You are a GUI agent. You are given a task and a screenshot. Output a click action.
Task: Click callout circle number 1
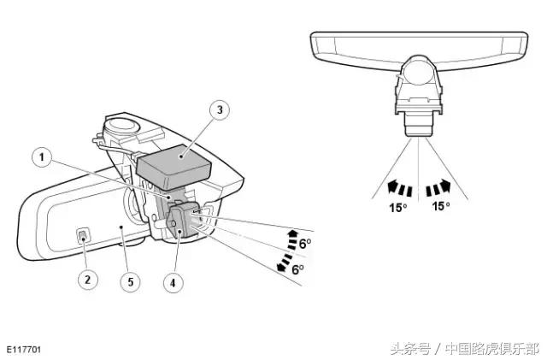(42, 157)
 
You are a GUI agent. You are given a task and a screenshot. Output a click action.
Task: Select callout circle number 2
(87, 280)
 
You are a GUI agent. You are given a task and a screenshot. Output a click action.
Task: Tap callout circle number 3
(220, 110)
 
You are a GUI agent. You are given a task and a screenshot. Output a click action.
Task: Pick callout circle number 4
(174, 282)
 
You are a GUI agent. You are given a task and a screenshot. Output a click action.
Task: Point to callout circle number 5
(131, 282)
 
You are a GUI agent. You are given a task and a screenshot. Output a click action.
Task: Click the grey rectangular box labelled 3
(174, 167)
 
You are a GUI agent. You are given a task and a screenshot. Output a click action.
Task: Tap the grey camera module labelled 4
(180, 221)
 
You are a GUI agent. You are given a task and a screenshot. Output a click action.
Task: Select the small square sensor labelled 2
(83, 236)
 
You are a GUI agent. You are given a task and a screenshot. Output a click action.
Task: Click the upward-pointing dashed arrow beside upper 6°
(292, 239)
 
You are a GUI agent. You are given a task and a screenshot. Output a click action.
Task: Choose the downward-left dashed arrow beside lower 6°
(285, 263)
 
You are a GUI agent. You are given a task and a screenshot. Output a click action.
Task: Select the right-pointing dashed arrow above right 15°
(438, 187)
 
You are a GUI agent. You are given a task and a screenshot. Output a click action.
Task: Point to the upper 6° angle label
(305, 244)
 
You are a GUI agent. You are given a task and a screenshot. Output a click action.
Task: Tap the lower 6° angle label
(297, 269)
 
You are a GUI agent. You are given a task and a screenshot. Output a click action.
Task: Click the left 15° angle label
(398, 208)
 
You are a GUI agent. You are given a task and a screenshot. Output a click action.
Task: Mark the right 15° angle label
(441, 206)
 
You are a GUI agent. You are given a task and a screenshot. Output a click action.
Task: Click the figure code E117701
(24, 350)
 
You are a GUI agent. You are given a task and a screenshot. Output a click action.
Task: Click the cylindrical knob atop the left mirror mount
(121, 126)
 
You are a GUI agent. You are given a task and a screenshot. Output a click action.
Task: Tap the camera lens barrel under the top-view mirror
(418, 125)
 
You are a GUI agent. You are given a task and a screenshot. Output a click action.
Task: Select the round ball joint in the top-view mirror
(418, 71)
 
